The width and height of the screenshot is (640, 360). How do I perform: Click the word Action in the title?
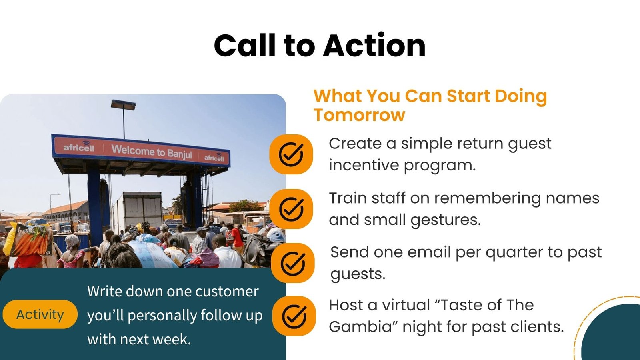click(374, 46)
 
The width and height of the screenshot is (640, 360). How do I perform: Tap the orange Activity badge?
click(40, 314)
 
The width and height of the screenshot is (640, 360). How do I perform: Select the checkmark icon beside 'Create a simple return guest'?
click(291, 154)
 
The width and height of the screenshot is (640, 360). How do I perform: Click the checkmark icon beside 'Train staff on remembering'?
click(291, 209)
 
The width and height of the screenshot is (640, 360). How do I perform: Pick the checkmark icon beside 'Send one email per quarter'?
click(292, 263)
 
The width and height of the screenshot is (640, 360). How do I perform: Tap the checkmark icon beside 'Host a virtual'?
click(294, 316)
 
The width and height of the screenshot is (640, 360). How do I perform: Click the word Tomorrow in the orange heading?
click(360, 115)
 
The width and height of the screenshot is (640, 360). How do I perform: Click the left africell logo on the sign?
click(79, 146)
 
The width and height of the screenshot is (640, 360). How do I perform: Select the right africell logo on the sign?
click(214, 157)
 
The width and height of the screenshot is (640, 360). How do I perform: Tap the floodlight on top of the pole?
click(124, 105)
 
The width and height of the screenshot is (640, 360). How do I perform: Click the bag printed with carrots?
click(32, 239)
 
